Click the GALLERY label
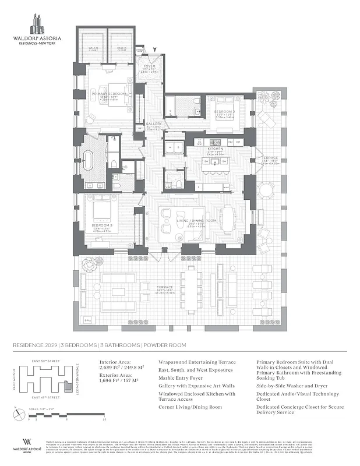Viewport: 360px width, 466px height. (x=153, y=124)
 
